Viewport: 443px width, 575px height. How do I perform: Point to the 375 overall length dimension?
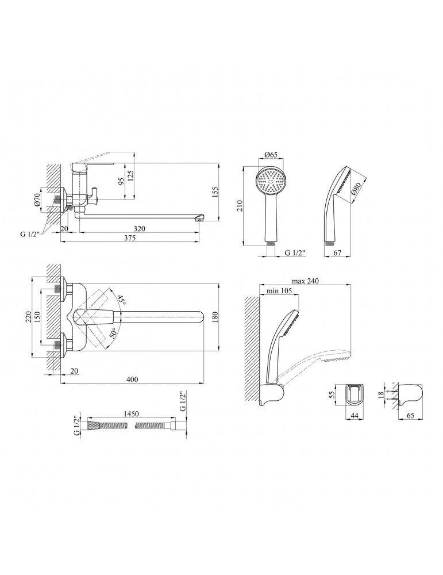(130, 237)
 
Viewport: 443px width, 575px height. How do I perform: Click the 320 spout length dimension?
(140, 228)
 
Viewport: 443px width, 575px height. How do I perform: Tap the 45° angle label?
(122, 301)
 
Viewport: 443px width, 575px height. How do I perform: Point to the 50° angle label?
(114, 332)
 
